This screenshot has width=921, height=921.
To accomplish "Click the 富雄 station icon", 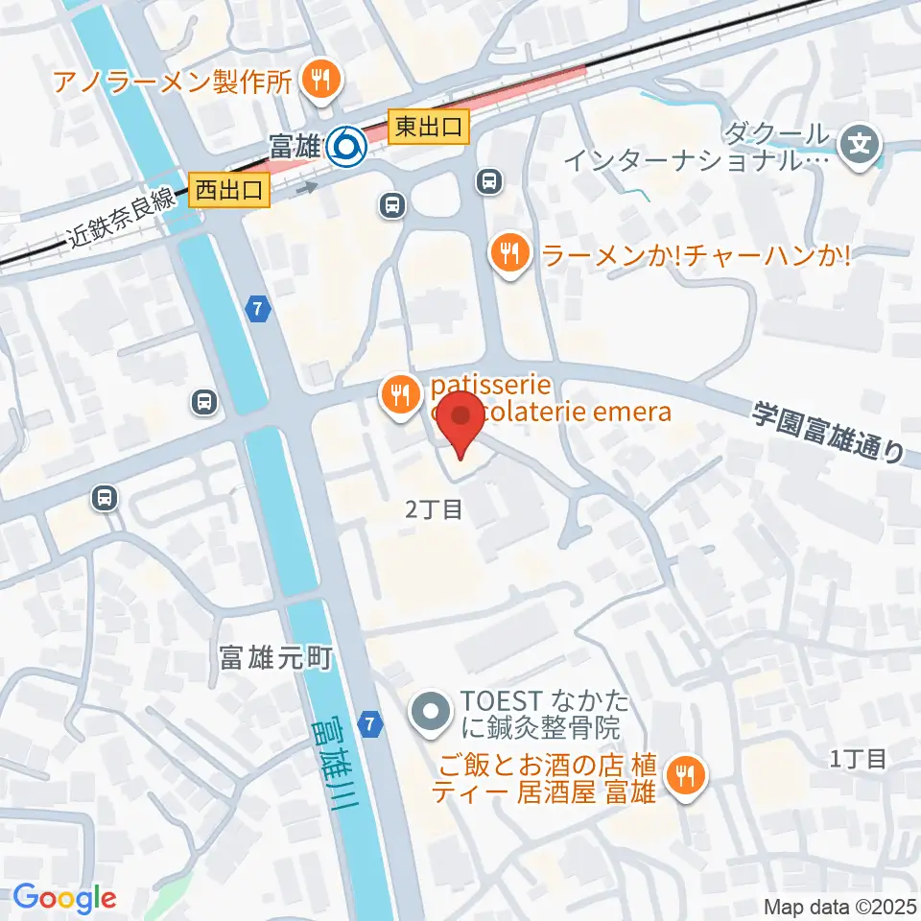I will [344, 146].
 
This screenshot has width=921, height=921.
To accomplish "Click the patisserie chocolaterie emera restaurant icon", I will [398, 393].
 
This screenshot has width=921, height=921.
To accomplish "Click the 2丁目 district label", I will [434, 510].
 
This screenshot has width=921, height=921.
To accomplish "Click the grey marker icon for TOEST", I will [429, 713].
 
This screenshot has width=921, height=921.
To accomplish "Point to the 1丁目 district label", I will [858, 759].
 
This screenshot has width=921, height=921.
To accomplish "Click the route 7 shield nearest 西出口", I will [256, 309].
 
